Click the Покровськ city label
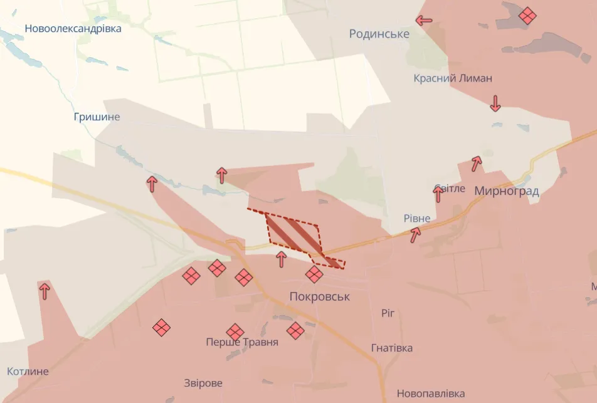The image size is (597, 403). pos(319,296)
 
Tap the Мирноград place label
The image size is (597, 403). pos(507,191)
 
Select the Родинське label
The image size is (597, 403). pos(379,34)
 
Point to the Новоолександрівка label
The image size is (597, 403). pos(73,28)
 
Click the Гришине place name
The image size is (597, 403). pos(97,117)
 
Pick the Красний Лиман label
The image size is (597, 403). pos(453,78)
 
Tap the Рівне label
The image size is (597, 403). pos(417,218)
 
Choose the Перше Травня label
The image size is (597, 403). pos(242,342)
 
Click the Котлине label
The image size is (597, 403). pos(27,371)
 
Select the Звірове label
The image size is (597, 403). pos(203,383)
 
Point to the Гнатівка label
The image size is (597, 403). pos(392,347)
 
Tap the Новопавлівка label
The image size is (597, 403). pos(431,394)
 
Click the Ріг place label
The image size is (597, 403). pos(388,312)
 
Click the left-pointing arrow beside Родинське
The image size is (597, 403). pos(424,20)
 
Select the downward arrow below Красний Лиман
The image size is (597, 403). pos(495,103)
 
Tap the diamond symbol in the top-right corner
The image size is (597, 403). pos(527,15)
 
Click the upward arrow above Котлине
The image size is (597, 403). pos(44,290)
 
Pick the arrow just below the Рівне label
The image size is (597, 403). pos(415,235)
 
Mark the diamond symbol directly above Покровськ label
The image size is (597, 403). pos(314,274)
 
